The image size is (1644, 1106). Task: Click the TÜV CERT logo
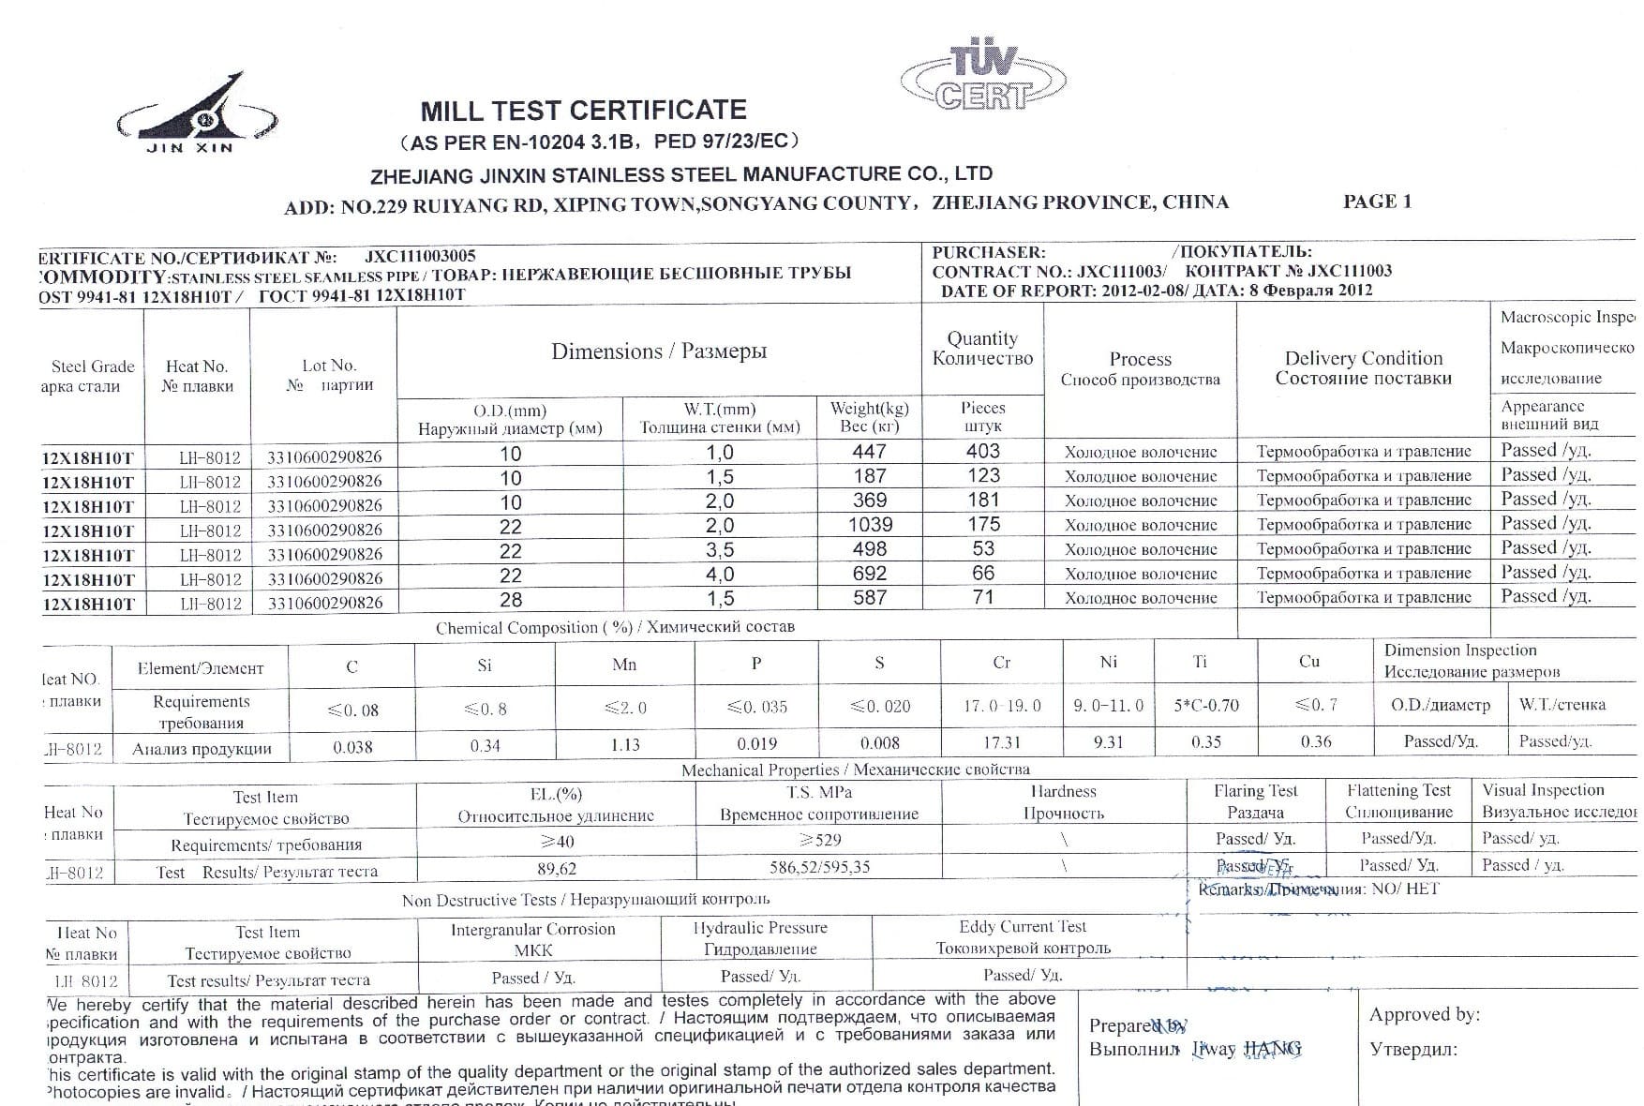point(982,77)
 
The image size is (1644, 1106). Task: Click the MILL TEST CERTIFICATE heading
point(583,111)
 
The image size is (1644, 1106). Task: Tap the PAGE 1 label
point(1377,202)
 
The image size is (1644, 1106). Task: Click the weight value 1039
point(870,525)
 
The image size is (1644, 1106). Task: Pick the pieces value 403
point(982,452)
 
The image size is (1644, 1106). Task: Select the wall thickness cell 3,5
point(719,549)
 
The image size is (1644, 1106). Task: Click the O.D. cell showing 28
point(510,600)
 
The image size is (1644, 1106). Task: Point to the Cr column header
point(1001,663)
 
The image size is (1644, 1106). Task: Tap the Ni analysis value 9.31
point(1108,742)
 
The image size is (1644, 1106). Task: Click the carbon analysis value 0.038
point(352,747)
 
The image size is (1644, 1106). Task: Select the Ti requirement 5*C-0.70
point(1205,706)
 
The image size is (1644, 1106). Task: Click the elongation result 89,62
point(557,869)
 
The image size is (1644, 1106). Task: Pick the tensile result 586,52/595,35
point(819,867)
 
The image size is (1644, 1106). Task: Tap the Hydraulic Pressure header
point(760,928)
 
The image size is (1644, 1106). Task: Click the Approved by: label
point(1424,1014)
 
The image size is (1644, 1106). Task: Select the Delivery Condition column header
point(1363,358)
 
